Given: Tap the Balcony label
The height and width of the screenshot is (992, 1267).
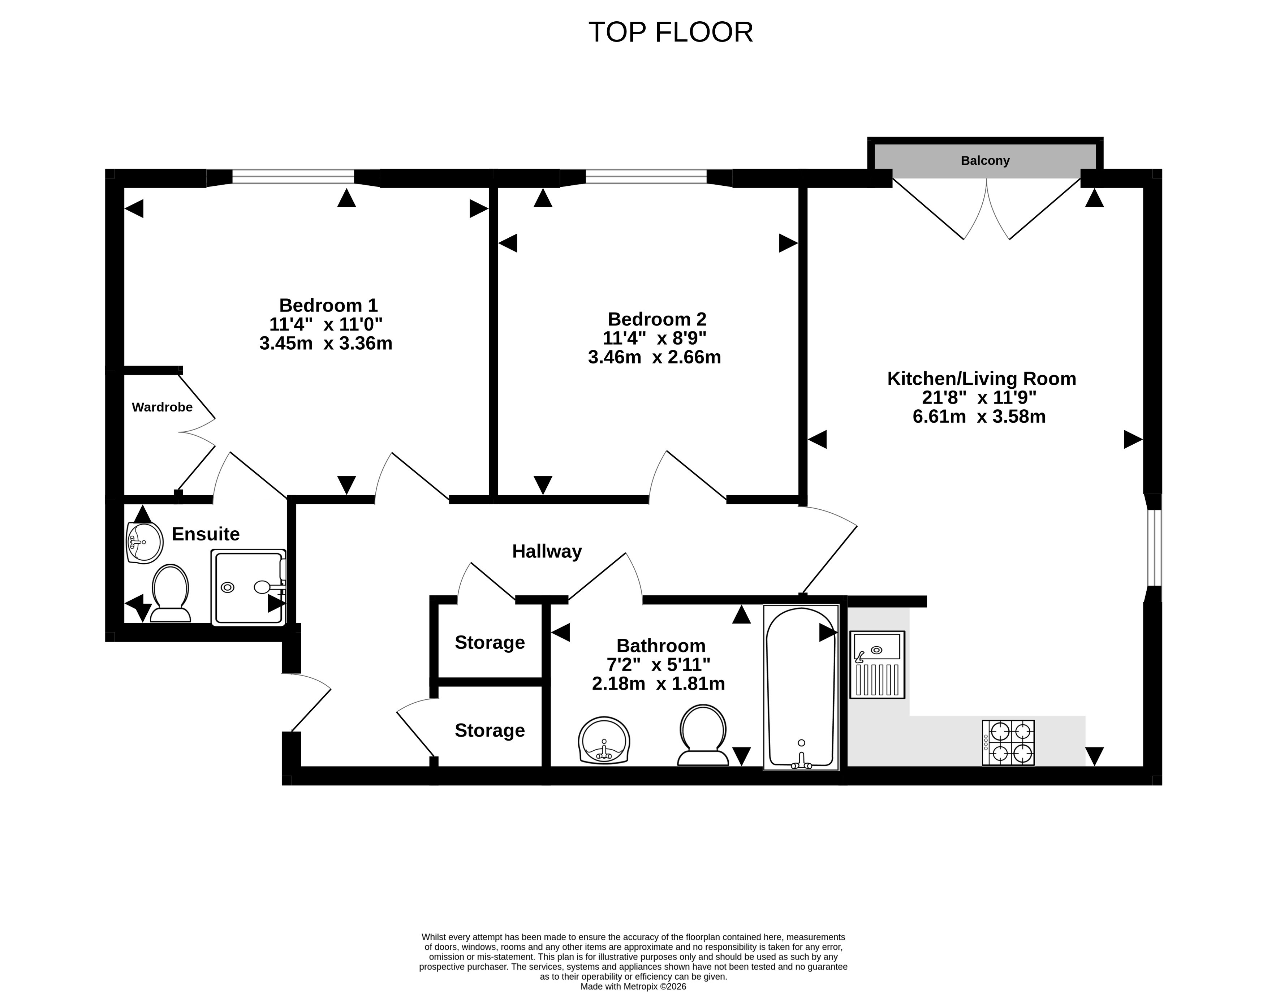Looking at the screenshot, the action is pyautogui.click(x=985, y=160).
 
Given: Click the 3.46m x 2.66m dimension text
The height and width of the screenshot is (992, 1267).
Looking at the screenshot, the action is pyautogui.click(x=654, y=357).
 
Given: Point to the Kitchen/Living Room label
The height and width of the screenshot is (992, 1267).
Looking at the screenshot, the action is pyautogui.click(x=982, y=379).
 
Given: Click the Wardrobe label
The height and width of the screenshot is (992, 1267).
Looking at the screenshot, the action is pyautogui.click(x=162, y=407).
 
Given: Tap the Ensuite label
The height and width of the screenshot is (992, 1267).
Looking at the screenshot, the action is pyautogui.click(x=206, y=534).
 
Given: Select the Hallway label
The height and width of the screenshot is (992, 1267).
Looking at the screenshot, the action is pyautogui.click(x=547, y=551).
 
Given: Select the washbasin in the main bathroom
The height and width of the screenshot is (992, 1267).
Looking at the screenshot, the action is pyautogui.click(x=604, y=740).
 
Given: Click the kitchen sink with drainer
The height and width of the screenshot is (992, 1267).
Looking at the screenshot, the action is pyautogui.click(x=877, y=664).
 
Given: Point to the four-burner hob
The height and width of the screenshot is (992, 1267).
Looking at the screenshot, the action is pyautogui.click(x=1008, y=743).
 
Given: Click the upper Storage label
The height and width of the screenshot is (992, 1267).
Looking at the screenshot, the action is pyautogui.click(x=490, y=642).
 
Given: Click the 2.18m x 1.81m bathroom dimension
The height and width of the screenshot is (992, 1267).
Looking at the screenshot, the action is pyautogui.click(x=658, y=683).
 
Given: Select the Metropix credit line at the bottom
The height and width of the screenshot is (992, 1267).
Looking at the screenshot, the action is pyautogui.click(x=633, y=986).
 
